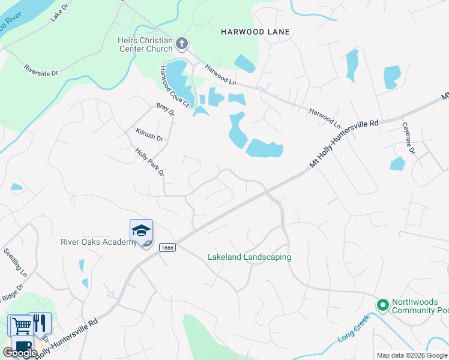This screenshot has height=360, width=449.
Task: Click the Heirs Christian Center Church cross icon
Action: pyautogui.click(x=182, y=43)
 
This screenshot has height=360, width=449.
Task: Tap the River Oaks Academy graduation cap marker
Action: pyautogui.click(x=141, y=231)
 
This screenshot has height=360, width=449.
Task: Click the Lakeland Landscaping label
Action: pyautogui.click(x=249, y=257)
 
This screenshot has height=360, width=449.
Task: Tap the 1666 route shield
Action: pyautogui.click(x=167, y=248)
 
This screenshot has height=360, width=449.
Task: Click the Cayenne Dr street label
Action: pyautogui.click(x=408, y=139)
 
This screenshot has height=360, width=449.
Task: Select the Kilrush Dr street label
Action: pyautogui.click(x=149, y=134)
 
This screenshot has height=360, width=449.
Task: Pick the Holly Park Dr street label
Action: pyautogui.click(x=149, y=163)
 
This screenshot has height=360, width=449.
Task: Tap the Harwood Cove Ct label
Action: pyautogui.click(x=174, y=87)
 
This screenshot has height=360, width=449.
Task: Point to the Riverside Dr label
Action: pyautogui.click(x=41, y=70)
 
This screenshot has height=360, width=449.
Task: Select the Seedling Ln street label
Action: pyautogui.click(x=16, y=262)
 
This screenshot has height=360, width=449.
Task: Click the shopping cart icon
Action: pyautogui.click(x=22, y=326)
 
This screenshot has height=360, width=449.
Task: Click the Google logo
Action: pyautogui.click(x=20, y=353)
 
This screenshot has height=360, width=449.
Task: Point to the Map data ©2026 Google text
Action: pyautogui.click(x=412, y=355)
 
